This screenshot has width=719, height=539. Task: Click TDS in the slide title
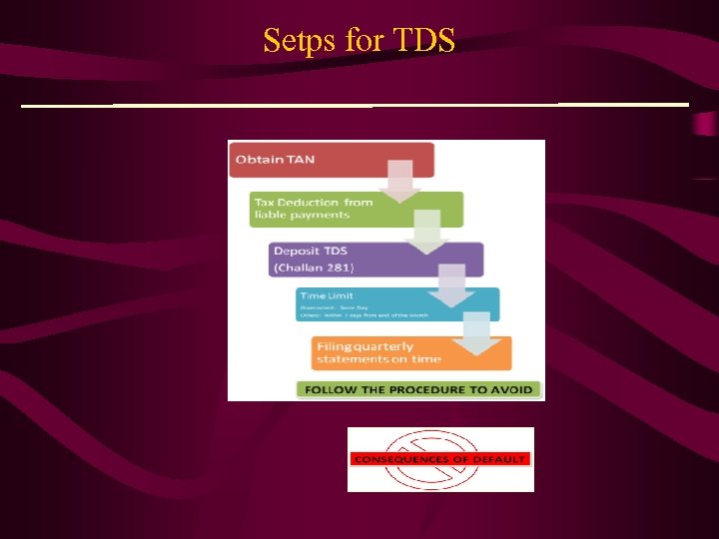(424, 40)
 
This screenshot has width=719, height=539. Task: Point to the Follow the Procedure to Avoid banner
(418, 389)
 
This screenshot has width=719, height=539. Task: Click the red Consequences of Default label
(440, 459)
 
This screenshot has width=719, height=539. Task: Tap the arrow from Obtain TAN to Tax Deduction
(399, 182)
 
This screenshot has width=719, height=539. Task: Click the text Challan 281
(314, 269)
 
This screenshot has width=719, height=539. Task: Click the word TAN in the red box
(301, 160)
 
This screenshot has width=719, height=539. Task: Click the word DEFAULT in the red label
(501, 459)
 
